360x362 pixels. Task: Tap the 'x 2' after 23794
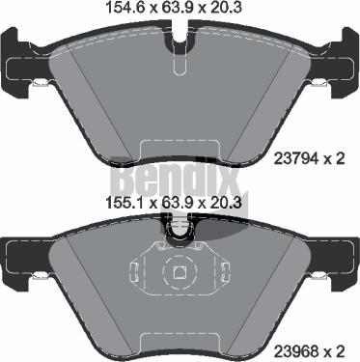341,159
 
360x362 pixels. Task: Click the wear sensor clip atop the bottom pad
180,228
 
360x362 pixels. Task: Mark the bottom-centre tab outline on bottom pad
180,338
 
